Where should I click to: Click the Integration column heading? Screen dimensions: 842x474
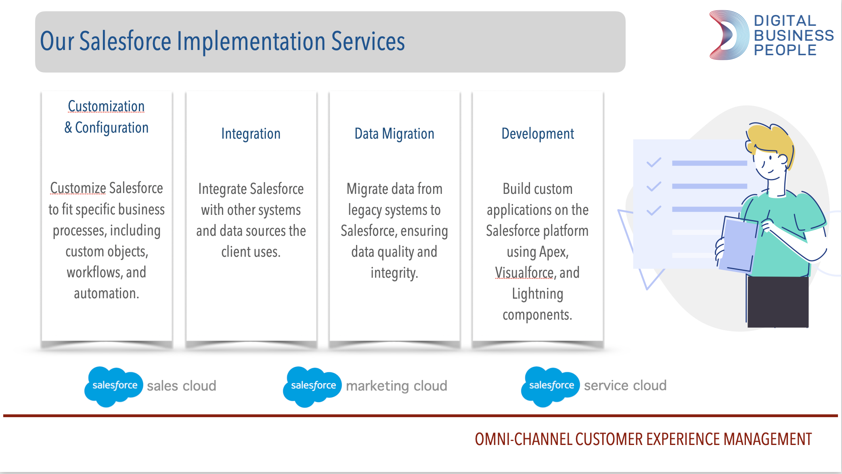pyautogui.click(x=251, y=134)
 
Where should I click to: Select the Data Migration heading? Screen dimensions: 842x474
pyautogui.click(x=394, y=134)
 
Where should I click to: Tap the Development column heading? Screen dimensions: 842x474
pyautogui.click(x=538, y=134)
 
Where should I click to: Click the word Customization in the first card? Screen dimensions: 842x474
pyautogui.click(x=106, y=106)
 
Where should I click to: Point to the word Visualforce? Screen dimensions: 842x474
pyautogui.click(x=524, y=273)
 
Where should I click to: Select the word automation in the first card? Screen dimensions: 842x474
pyautogui.click(x=106, y=293)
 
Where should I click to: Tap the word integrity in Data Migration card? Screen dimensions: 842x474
pyautogui.click(x=394, y=273)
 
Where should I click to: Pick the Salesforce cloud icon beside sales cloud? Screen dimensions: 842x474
pyautogui.click(x=114, y=386)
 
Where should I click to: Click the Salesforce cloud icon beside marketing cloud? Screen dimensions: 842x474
pyautogui.click(x=312, y=386)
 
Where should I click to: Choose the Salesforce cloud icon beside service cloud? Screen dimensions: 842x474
pyautogui.click(x=551, y=386)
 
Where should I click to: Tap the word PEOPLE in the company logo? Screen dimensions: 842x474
pyautogui.click(x=785, y=50)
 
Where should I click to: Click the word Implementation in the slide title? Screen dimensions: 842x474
pyautogui.click(x=251, y=42)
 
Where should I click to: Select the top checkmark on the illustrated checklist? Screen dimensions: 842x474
pyautogui.click(x=653, y=162)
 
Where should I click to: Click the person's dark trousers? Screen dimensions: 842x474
pyautogui.click(x=777, y=302)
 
